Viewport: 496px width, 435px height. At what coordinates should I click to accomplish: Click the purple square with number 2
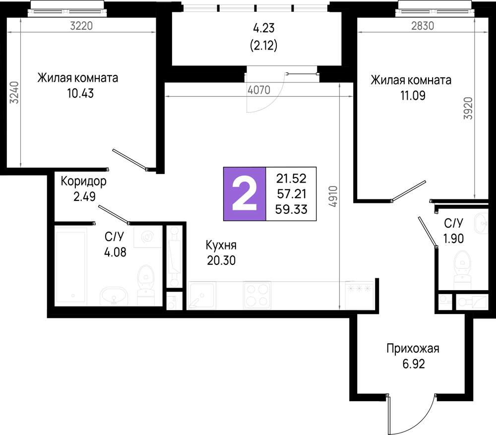[x=245, y=193]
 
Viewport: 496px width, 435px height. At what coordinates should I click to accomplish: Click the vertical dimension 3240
[x=14, y=92]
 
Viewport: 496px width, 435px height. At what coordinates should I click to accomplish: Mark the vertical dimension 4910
[x=333, y=198]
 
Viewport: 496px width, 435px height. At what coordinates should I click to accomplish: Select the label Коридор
[x=83, y=182]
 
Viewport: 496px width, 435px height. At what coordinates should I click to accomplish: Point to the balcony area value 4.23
[x=263, y=28]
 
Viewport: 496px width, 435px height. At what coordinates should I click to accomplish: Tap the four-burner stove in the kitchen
[x=257, y=295]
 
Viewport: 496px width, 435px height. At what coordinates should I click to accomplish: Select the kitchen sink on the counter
[x=201, y=296]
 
